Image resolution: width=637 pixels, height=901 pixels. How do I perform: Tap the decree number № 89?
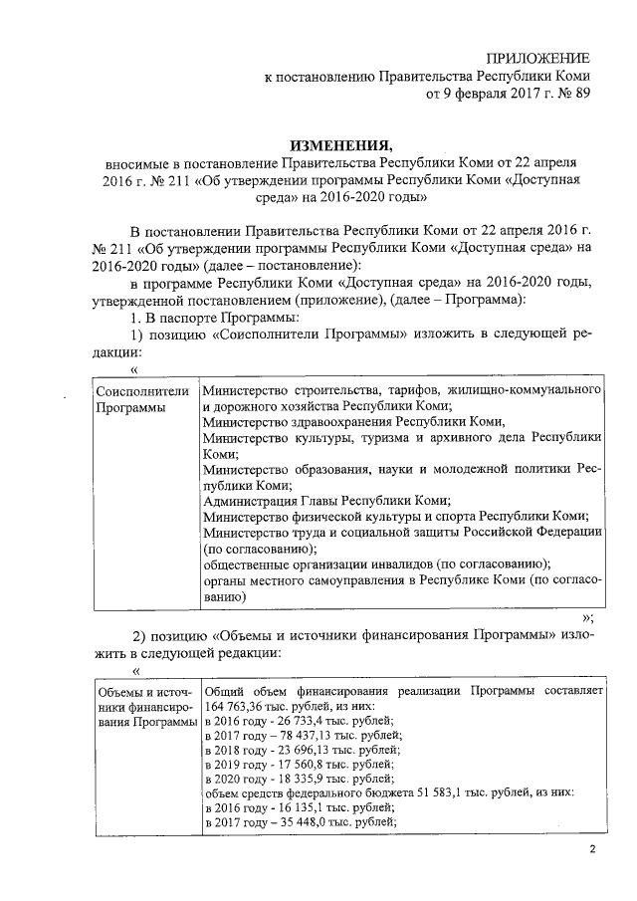click(x=571, y=96)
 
